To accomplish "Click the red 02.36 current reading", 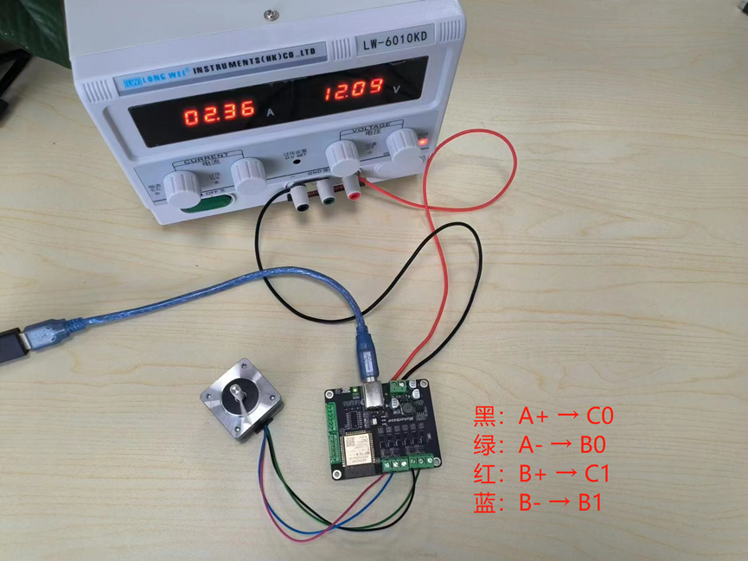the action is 217,112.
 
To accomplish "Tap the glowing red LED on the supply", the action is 423,141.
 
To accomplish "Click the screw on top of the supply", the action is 271,14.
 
